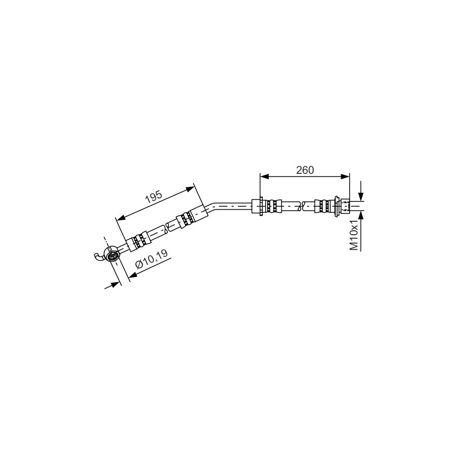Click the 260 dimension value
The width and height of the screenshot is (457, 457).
click(305, 170)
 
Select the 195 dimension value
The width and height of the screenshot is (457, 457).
click(154, 197)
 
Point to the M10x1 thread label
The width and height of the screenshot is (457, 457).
click(354, 235)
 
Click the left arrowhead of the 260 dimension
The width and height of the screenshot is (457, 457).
click(264, 176)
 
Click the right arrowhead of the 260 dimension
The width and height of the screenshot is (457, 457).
click(345, 176)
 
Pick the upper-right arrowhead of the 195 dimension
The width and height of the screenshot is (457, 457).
click(190, 189)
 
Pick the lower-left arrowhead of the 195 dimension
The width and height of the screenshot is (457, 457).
click(121, 217)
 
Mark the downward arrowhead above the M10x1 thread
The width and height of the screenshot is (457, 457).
click(361, 197)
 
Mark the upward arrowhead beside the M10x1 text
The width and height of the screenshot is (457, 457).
click(361, 215)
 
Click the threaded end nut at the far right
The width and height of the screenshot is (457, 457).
click(346, 205)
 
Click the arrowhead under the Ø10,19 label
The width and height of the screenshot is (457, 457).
click(133, 274)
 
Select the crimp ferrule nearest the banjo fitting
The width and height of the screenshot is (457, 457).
click(139, 240)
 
